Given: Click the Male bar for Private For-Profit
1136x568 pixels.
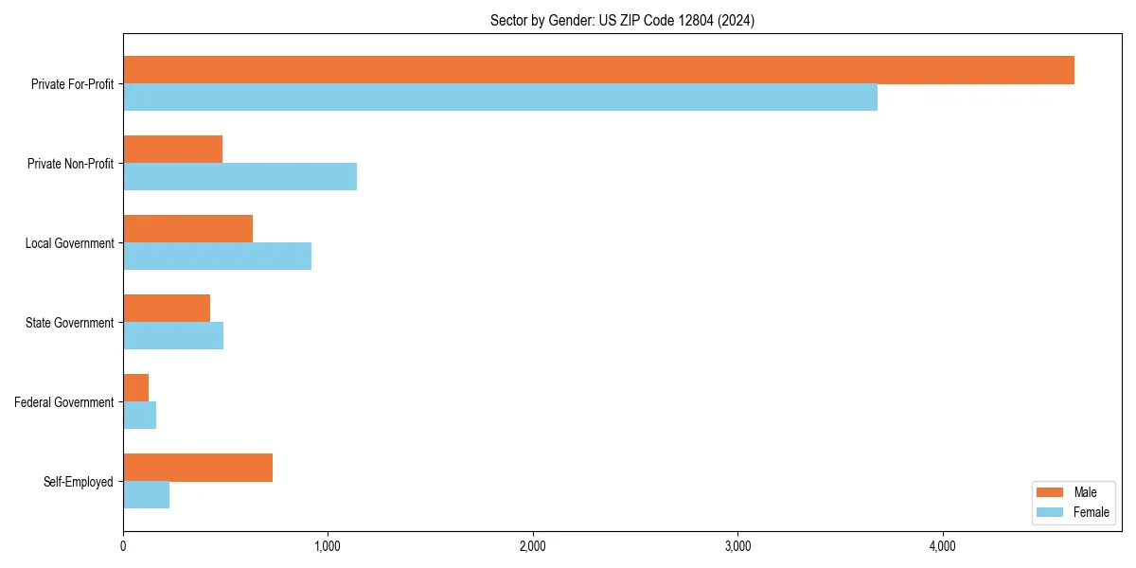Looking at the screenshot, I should click(x=598, y=70).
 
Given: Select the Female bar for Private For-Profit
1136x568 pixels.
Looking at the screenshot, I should click(x=500, y=98).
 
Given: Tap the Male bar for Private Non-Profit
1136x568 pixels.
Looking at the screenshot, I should click(x=172, y=150).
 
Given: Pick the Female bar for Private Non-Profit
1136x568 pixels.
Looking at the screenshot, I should click(x=240, y=177).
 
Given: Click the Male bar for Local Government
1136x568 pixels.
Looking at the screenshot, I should click(x=187, y=229).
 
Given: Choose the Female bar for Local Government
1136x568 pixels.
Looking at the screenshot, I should click(x=217, y=257).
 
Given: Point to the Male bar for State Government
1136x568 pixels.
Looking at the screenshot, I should click(x=167, y=309).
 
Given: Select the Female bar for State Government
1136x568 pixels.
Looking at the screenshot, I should click(x=173, y=336).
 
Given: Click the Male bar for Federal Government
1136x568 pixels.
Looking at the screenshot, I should click(x=135, y=388).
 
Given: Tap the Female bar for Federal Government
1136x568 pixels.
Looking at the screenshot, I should click(x=139, y=416).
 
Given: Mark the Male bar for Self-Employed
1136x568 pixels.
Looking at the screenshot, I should click(x=198, y=468).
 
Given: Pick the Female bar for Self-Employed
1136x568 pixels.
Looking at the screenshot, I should click(x=146, y=495).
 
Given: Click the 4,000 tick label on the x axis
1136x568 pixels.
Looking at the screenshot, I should click(x=942, y=546).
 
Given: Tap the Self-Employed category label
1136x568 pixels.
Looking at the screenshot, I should click(x=79, y=482).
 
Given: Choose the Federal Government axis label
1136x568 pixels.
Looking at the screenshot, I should click(x=64, y=402).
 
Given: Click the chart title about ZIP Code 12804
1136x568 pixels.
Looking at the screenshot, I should click(x=622, y=20).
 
